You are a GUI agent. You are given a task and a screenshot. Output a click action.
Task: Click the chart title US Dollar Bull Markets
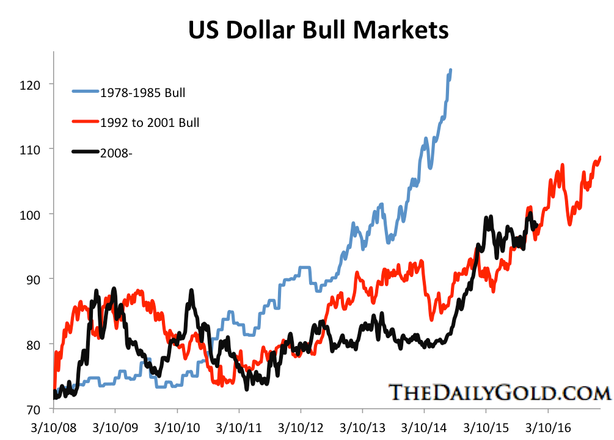(x=318, y=30)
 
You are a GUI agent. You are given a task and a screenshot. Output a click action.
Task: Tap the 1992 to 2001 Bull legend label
(x=150, y=123)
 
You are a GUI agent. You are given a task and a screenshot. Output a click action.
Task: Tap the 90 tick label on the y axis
(x=32, y=279)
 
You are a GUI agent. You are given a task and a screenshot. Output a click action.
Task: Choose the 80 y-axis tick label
(x=32, y=344)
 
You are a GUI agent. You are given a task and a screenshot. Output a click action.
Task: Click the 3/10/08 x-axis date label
(x=53, y=430)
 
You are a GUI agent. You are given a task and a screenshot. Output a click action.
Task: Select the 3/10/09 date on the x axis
(x=115, y=430)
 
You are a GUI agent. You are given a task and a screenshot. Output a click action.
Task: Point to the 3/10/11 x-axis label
(x=239, y=430)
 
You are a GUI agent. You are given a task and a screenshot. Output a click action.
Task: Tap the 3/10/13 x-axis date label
(x=363, y=430)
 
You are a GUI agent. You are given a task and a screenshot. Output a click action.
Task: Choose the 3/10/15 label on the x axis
(x=487, y=430)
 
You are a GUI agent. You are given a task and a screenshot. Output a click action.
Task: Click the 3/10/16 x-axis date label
(x=549, y=430)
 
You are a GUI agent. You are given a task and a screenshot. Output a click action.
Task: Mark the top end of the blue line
(x=450, y=70)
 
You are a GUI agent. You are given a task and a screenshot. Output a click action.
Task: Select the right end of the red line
(x=600, y=157)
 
